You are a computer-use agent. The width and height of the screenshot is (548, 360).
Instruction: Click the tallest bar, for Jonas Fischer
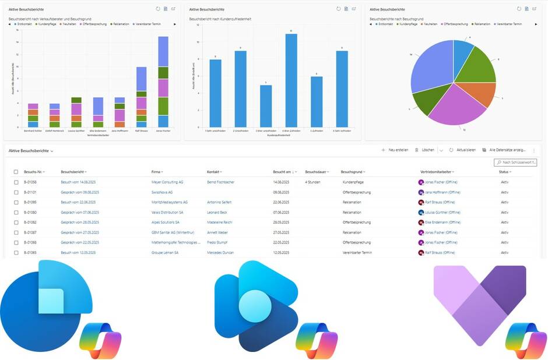pyautogui.click(x=163, y=82)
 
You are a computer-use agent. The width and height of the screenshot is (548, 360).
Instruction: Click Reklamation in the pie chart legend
pyautogui.click(x=482, y=24)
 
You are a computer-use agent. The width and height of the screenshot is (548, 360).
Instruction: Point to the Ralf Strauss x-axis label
pyautogui.click(x=142, y=131)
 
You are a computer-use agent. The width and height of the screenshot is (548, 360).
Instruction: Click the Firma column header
pyautogui.click(x=156, y=172)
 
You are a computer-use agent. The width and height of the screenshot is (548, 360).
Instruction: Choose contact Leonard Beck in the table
pyautogui.click(x=218, y=213)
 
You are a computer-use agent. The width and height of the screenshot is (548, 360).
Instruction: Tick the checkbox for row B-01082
pyautogui.click(x=16, y=222)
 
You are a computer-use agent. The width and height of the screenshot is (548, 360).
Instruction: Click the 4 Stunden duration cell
pyautogui.click(x=315, y=182)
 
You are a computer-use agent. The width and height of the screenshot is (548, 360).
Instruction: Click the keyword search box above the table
pyautogui.click(x=517, y=163)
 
